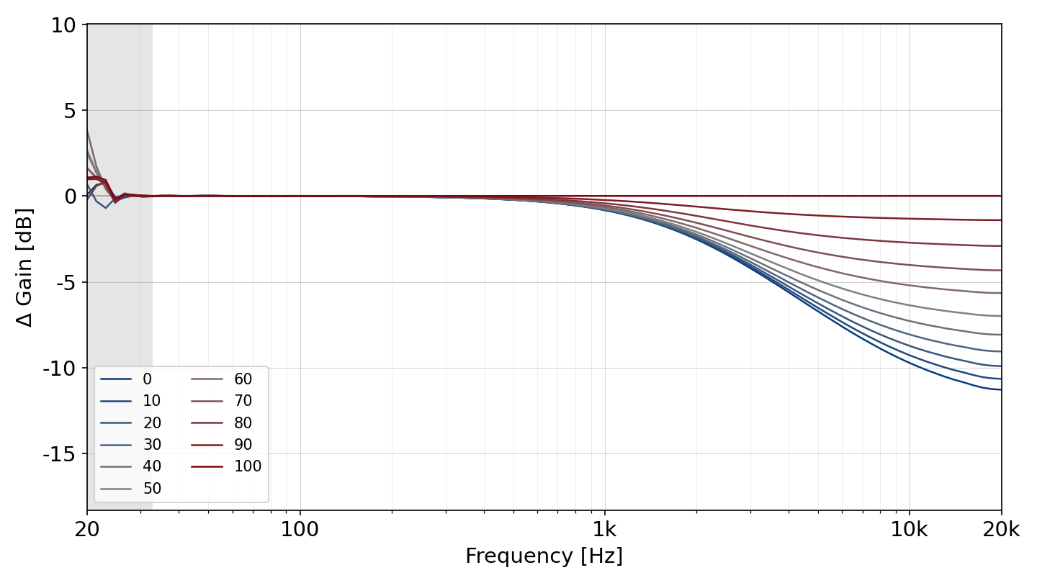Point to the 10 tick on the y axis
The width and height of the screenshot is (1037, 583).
[63, 25]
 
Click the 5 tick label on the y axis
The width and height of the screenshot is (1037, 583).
[70, 111]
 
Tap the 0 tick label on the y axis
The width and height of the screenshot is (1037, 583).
[70, 196]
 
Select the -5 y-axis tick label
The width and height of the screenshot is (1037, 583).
[66, 283]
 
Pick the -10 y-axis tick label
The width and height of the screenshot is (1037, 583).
[59, 369]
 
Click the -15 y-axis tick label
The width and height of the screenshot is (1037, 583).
[59, 454]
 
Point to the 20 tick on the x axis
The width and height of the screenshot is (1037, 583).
[87, 529]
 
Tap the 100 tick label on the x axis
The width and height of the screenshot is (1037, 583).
[300, 529]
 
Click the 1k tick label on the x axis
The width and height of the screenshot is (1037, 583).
[605, 529]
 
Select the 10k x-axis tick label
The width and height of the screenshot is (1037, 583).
[910, 529]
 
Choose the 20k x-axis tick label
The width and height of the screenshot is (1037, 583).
[1001, 529]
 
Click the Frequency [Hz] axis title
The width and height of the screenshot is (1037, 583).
[544, 556]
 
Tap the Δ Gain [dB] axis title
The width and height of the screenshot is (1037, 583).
[24, 268]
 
